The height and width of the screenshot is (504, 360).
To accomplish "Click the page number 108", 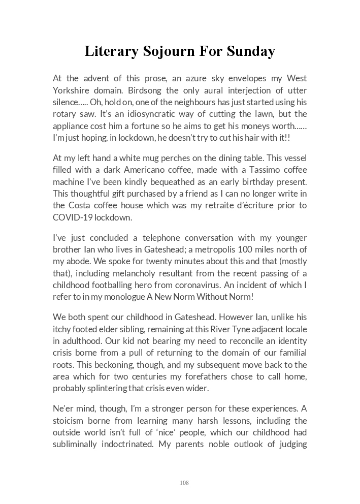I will pos(184,482).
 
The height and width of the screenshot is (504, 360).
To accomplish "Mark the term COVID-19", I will pos(72,217).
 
